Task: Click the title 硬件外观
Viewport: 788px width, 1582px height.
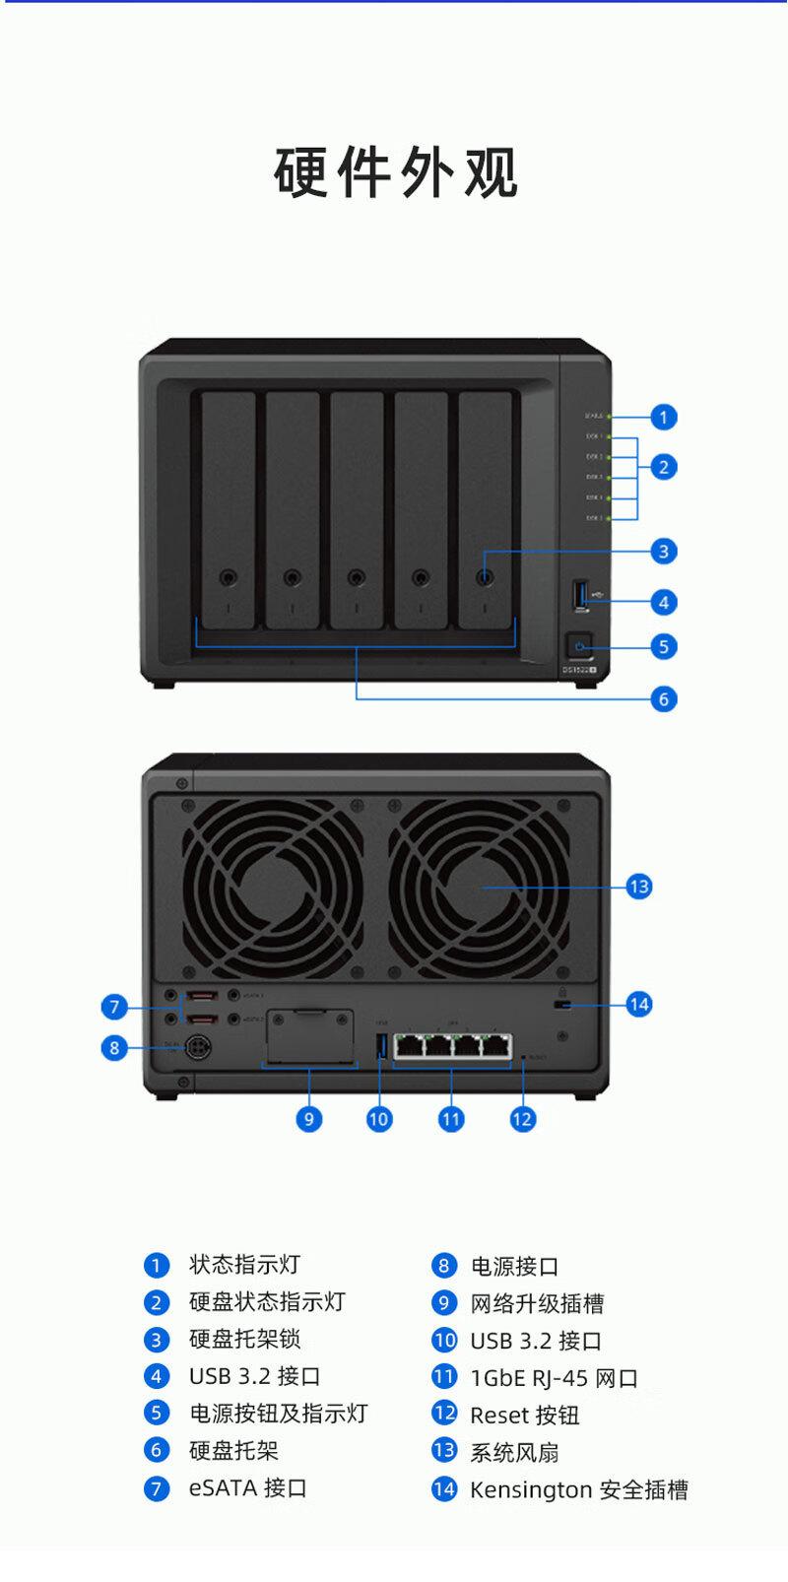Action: click(x=395, y=173)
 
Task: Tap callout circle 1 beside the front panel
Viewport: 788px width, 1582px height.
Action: click(x=664, y=417)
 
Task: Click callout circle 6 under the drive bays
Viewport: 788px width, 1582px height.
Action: click(x=664, y=698)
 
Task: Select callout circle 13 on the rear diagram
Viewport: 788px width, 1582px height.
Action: click(x=639, y=887)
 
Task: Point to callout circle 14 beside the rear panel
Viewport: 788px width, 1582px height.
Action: click(x=639, y=1004)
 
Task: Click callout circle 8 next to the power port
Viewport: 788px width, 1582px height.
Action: click(x=114, y=1048)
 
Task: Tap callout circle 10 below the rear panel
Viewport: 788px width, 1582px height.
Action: click(x=379, y=1119)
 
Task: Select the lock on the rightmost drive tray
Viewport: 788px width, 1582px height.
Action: click(x=485, y=577)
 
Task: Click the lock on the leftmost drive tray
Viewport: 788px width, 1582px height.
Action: click(x=229, y=577)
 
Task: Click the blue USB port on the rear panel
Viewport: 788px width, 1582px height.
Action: click(x=381, y=1045)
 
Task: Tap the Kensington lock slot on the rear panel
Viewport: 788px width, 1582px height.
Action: click(x=562, y=1005)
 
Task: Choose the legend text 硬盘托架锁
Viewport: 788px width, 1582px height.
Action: click(x=244, y=1340)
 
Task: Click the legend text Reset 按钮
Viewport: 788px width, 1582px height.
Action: click(x=524, y=1416)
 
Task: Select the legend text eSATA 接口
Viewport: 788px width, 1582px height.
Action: click(x=247, y=1487)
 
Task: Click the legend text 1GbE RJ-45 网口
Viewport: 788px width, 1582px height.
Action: click(x=554, y=1378)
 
